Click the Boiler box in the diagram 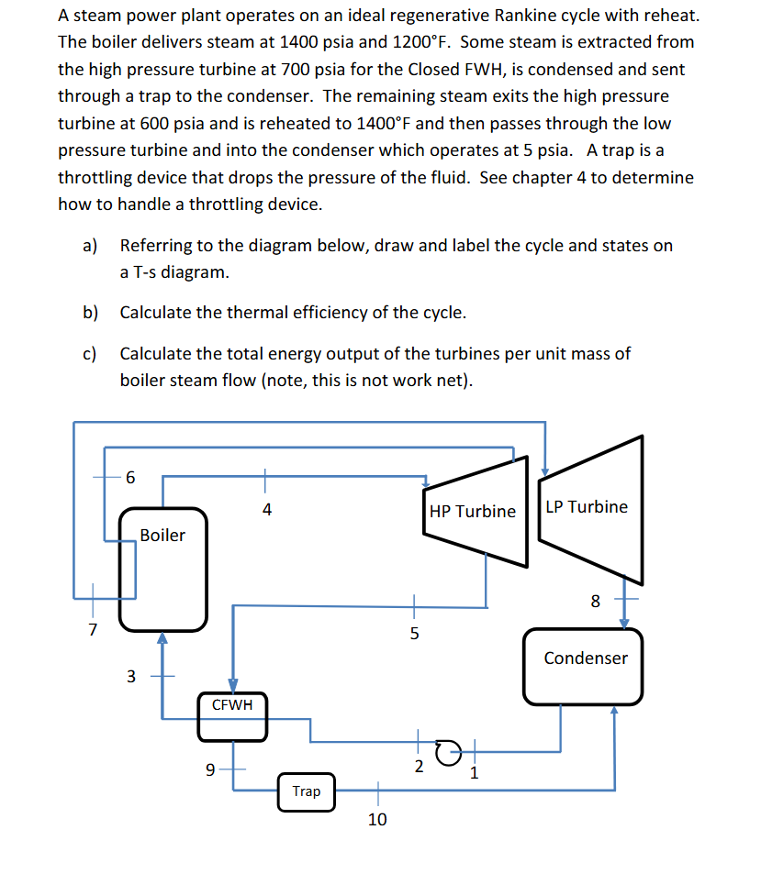pos(162,570)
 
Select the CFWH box pos(232,716)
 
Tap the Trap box pos(307,791)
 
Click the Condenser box pos(585,666)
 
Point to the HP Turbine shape pos(474,512)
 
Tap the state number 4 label pos(266,510)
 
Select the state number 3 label pos(130,677)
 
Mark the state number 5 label pos(413,633)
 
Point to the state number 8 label pos(595,602)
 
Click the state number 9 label pos(210,770)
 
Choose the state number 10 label pos(377,820)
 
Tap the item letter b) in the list pos(90,313)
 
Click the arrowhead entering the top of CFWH pos(233,685)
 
